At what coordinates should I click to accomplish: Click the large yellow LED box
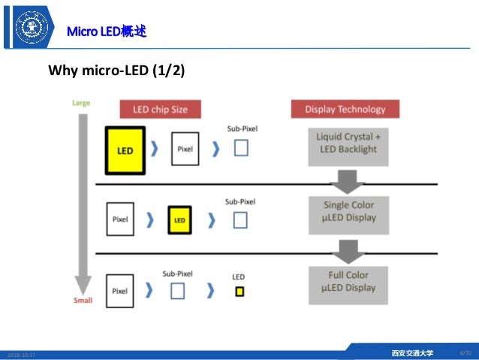click(x=125, y=150)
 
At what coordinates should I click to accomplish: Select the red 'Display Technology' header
click(x=345, y=109)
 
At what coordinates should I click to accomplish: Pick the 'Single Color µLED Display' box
click(x=348, y=211)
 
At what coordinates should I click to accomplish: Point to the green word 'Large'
click(x=81, y=102)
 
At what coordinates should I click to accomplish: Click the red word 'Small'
click(x=83, y=301)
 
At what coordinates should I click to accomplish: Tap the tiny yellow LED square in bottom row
click(x=239, y=292)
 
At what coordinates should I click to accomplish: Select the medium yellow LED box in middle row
click(x=179, y=220)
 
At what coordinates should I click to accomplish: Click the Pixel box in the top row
click(x=185, y=149)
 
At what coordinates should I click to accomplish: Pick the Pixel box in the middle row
click(x=120, y=220)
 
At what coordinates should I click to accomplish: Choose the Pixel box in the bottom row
click(x=120, y=290)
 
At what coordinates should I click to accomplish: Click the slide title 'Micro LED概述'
click(x=106, y=32)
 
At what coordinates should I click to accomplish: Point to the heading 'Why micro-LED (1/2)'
click(x=116, y=71)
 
